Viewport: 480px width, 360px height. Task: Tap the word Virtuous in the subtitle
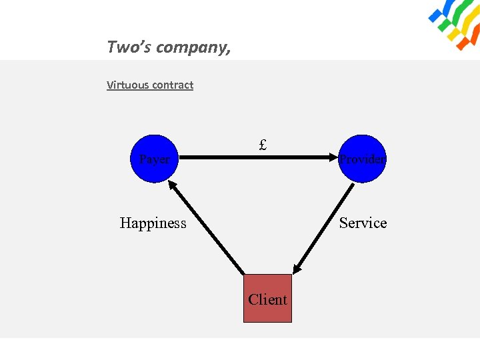pos(128,85)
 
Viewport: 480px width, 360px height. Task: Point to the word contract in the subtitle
pos(173,85)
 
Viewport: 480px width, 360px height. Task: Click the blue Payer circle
pos(154,159)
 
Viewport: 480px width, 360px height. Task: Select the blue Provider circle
pos(362,159)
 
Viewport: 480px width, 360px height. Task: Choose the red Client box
pos(267,299)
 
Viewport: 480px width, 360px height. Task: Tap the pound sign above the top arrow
pos(263,144)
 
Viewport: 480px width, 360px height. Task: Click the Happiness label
pos(153,223)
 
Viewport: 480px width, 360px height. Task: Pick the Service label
pos(363,223)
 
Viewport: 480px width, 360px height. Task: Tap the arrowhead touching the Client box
pos(297,267)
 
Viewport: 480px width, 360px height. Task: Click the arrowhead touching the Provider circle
pos(333,159)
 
